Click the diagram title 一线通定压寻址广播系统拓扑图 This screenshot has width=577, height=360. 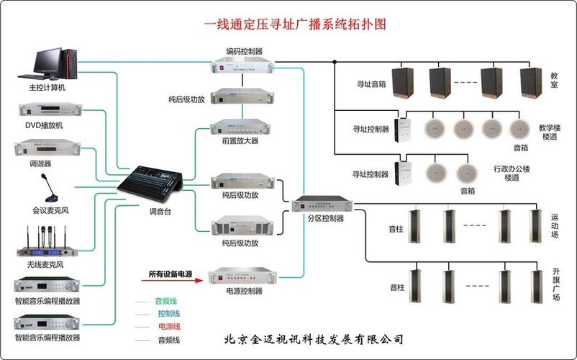click(295, 24)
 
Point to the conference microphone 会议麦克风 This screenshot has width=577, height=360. click(48, 189)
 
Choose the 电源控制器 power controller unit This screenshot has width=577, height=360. click(243, 276)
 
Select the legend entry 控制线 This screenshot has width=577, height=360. click(168, 313)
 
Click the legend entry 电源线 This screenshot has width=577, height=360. click(168, 326)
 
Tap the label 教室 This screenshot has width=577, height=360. click(555, 79)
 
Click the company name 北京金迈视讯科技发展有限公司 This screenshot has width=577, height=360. click(314, 339)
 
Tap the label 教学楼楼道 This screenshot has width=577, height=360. click(550, 132)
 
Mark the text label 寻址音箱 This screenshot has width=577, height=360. click(371, 84)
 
